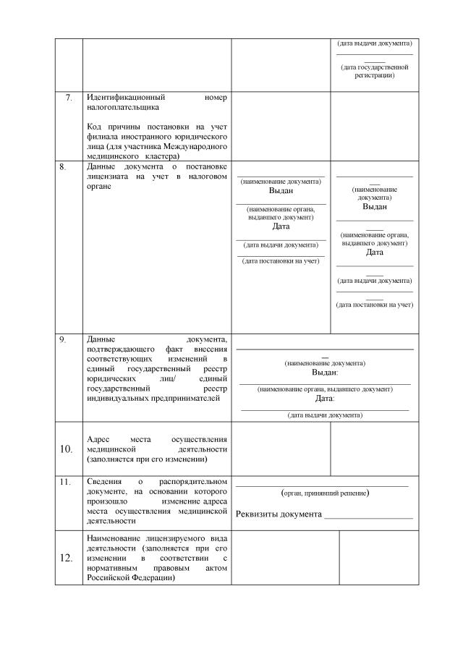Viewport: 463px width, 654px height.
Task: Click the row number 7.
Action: (x=69, y=97)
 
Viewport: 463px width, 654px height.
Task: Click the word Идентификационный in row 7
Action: (x=126, y=97)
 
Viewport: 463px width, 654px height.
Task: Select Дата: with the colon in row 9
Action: (x=325, y=398)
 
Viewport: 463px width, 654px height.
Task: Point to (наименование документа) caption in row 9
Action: (x=325, y=362)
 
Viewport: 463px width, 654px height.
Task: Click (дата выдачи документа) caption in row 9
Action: (x=325, y=415)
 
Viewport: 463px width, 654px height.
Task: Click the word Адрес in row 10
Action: (x=99, y=439)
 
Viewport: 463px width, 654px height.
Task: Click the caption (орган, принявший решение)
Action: (x=325, y=493)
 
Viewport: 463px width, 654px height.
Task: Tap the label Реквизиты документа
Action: (x=279, y=514)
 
